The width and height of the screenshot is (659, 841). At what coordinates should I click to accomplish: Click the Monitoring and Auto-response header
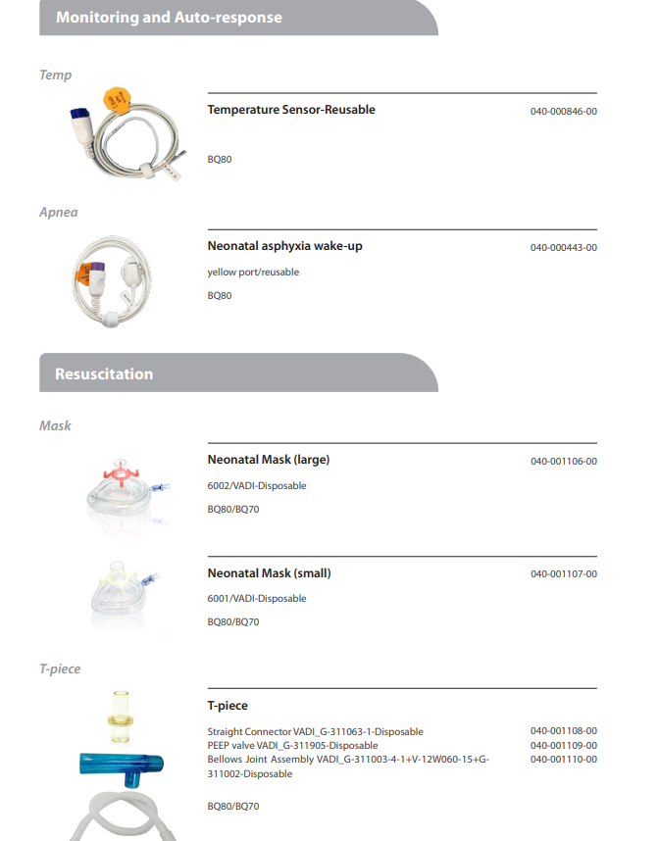coord(169,18)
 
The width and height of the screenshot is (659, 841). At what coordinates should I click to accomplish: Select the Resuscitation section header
coord(104,373)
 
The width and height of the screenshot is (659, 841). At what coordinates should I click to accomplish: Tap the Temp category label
coord(55,74)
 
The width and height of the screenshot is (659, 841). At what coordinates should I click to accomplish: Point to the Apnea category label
coord(59,212)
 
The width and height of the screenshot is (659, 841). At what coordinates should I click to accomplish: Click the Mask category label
coord(55,425)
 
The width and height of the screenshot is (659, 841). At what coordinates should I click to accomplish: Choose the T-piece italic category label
coord(60,668)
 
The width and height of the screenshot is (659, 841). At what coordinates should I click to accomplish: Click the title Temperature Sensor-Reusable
coord(291,110)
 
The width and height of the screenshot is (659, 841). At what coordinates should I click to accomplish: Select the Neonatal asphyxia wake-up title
coord(284,246)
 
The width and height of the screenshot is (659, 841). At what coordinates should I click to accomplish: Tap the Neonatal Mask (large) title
coord(269,460)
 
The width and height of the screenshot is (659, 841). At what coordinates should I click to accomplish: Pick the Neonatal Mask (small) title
coord(269,573)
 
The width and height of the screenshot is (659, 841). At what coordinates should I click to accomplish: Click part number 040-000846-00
coord(563,111)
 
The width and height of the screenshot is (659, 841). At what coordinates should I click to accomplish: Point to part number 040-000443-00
coord(563,247)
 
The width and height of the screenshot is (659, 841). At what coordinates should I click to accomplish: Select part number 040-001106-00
coord(563,461)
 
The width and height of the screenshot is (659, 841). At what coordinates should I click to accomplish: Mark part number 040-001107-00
coord(563,574)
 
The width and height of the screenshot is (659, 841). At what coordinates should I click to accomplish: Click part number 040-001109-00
coord(563,745)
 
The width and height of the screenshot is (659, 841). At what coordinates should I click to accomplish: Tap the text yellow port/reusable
coord(253,272)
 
